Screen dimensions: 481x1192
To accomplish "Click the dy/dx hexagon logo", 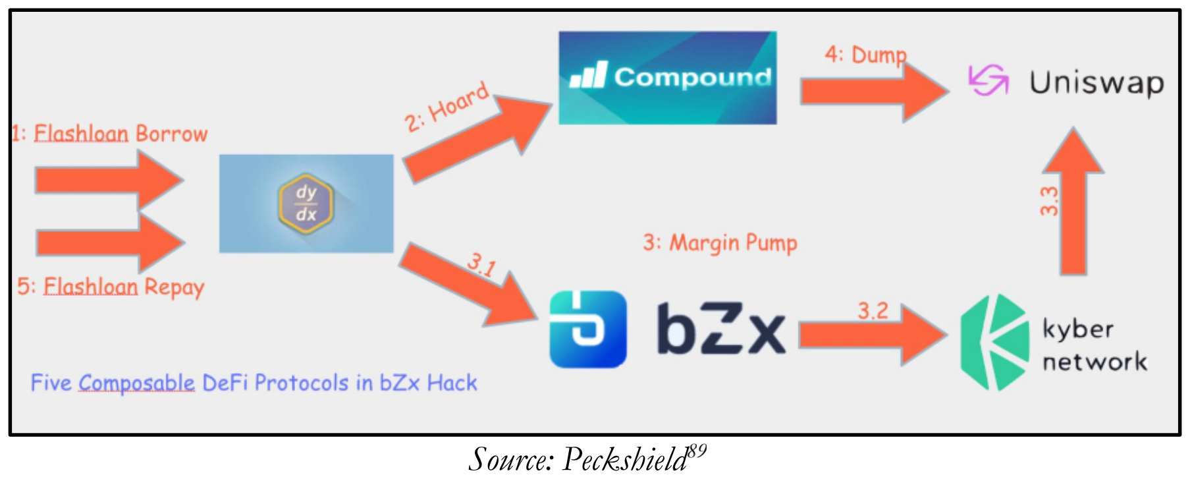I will tap(306, 204).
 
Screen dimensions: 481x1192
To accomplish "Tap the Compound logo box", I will tap(667, 78).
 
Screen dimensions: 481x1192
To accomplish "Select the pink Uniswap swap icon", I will tap(988, 80).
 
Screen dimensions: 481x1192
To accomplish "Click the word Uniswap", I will tap(1097, 83).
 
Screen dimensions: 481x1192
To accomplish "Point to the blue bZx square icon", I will tap(587, 329).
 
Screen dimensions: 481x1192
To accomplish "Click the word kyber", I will tap(1077, 329).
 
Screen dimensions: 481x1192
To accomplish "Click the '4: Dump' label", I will tap(865, 55).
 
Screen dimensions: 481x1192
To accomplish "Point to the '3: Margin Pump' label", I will tap(720, 243).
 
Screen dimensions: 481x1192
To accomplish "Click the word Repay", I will tap(174, 287).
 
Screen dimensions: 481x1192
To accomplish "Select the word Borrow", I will tap(171, 134).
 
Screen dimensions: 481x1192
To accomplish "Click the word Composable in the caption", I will tap(136, 383).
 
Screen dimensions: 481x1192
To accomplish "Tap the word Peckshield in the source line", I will tap(624, 459).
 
